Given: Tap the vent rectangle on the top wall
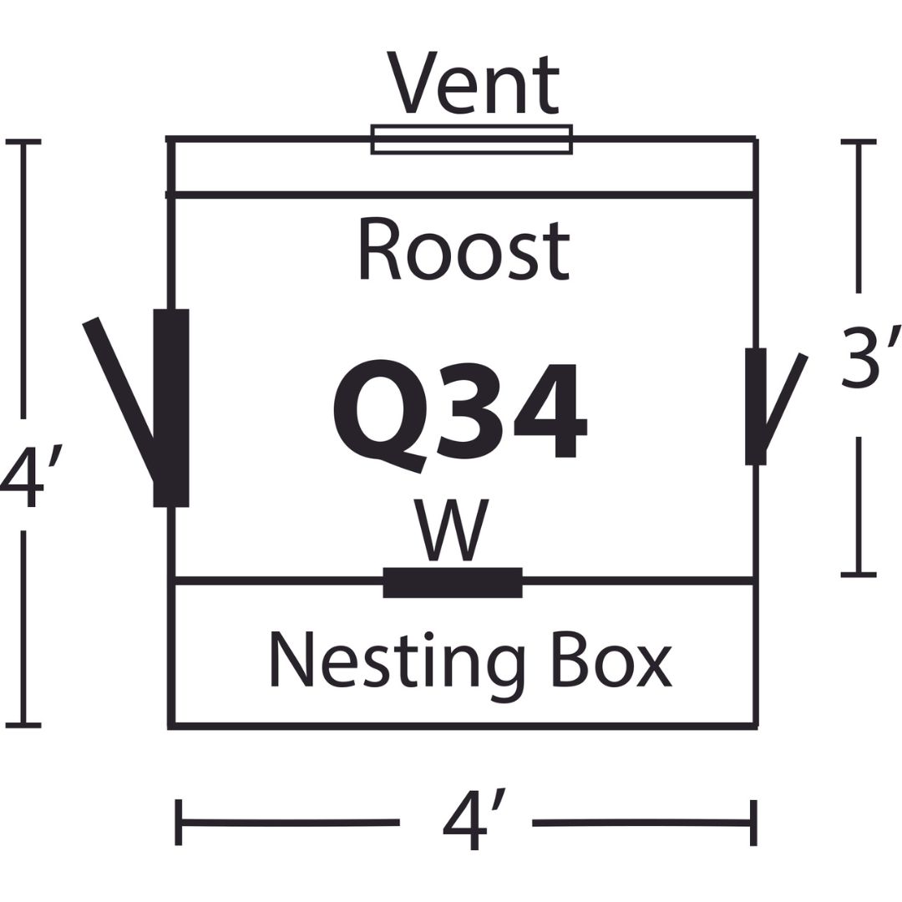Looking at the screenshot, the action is coord(472,139).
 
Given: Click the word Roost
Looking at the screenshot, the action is coord(464,251).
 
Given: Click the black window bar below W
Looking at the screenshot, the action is coord(453,583).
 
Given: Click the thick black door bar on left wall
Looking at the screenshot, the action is coord(171,408).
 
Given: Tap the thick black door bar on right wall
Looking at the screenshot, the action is coord(756,406).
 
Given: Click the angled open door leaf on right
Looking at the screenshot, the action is coord(783,403).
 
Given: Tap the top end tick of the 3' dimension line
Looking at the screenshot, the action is coord(859,141).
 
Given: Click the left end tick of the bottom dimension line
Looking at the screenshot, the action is coord(179,823).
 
